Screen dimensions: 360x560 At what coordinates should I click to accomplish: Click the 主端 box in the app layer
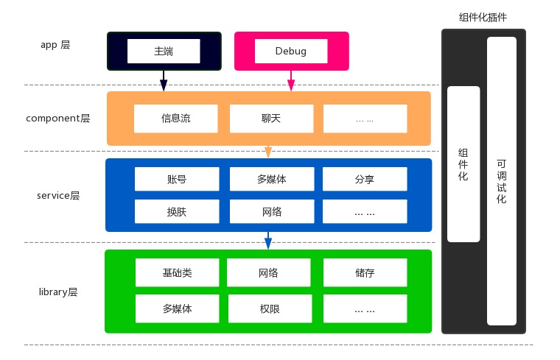pos(164,51)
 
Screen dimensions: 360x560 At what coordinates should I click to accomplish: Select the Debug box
pos(290,51)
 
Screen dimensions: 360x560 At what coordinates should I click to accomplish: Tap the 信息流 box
pos(176,118)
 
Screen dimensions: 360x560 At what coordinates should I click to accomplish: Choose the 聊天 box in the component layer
pos(271,118)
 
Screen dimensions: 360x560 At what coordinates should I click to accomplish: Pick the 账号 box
pos(177,179)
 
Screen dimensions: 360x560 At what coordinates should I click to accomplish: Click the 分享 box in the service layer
pos(365,179)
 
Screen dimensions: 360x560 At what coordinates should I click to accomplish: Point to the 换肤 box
pos(177,212)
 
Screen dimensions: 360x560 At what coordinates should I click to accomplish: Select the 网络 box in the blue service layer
pos(271,212)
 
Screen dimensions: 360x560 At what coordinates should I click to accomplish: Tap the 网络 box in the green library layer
pos(268,272)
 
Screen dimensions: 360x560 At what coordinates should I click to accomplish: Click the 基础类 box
pos(177,272)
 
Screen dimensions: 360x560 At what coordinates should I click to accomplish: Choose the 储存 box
pos(365,272)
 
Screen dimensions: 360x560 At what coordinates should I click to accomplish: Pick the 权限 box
pos(268,308)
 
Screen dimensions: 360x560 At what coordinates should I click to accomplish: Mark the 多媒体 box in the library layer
pos(177,308)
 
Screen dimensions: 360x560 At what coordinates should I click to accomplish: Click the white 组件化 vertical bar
pos(463,164)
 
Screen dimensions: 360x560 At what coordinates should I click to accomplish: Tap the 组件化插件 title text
pos(483,17)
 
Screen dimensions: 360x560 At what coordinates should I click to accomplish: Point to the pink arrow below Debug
pos(291,80)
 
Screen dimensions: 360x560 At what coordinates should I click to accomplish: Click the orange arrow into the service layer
pos(268,151)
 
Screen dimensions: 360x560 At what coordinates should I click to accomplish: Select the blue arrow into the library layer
pos(268,240)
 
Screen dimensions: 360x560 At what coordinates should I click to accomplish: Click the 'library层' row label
pos(57,292)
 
